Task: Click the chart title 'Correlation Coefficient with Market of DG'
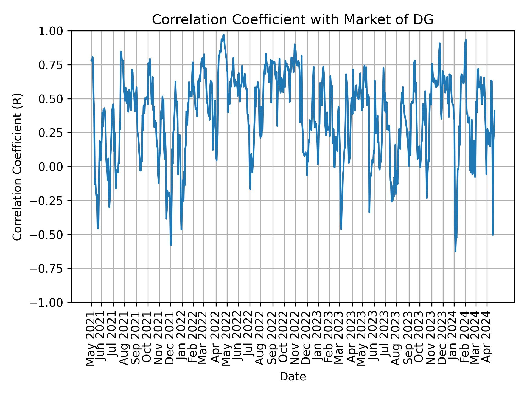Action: (293, 20)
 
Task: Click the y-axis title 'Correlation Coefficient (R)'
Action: (17, 167)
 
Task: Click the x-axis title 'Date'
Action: (293, 377)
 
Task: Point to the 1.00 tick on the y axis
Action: (54, 31)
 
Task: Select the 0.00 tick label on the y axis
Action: (54, 167)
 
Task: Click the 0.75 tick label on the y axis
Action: (54, 65)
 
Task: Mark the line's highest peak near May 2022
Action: (224, 35)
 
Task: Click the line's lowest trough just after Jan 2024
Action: (455, 251)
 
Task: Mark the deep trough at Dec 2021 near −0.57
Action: (171, 244)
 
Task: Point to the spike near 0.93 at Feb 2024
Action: (466, 40)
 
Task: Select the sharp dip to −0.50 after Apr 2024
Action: (493, 235)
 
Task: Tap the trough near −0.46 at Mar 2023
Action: (341, 229)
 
